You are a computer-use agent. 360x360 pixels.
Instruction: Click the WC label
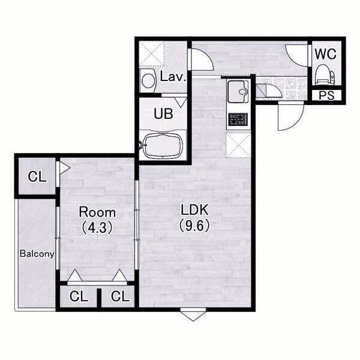click(326, 54)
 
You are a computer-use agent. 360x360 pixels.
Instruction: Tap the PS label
click(327, 95)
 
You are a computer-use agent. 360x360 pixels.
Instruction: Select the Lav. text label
click(173, 76)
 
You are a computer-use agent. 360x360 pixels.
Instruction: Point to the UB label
click(163, 113)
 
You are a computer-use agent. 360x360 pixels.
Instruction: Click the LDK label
click(194, 209)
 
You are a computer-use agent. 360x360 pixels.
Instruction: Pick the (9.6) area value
click(194, 225)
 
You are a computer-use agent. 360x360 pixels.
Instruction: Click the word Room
click(97, 212)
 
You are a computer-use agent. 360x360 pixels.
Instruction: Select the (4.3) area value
click(97, 227)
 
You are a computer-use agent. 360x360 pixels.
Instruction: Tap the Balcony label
click(37, 254)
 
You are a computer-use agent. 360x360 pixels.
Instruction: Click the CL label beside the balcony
click(37, 177)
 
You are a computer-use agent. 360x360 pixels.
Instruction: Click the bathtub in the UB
click(163, 145)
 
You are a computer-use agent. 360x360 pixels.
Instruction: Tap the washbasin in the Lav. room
click(148, 80)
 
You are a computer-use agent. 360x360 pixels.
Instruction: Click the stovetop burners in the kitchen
click(238, 119)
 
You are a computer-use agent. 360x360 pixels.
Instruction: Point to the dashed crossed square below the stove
click(238, 145)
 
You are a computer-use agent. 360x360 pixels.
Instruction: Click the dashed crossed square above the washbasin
click(152, 54)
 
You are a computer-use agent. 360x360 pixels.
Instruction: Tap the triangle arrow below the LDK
click(193, 316)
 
